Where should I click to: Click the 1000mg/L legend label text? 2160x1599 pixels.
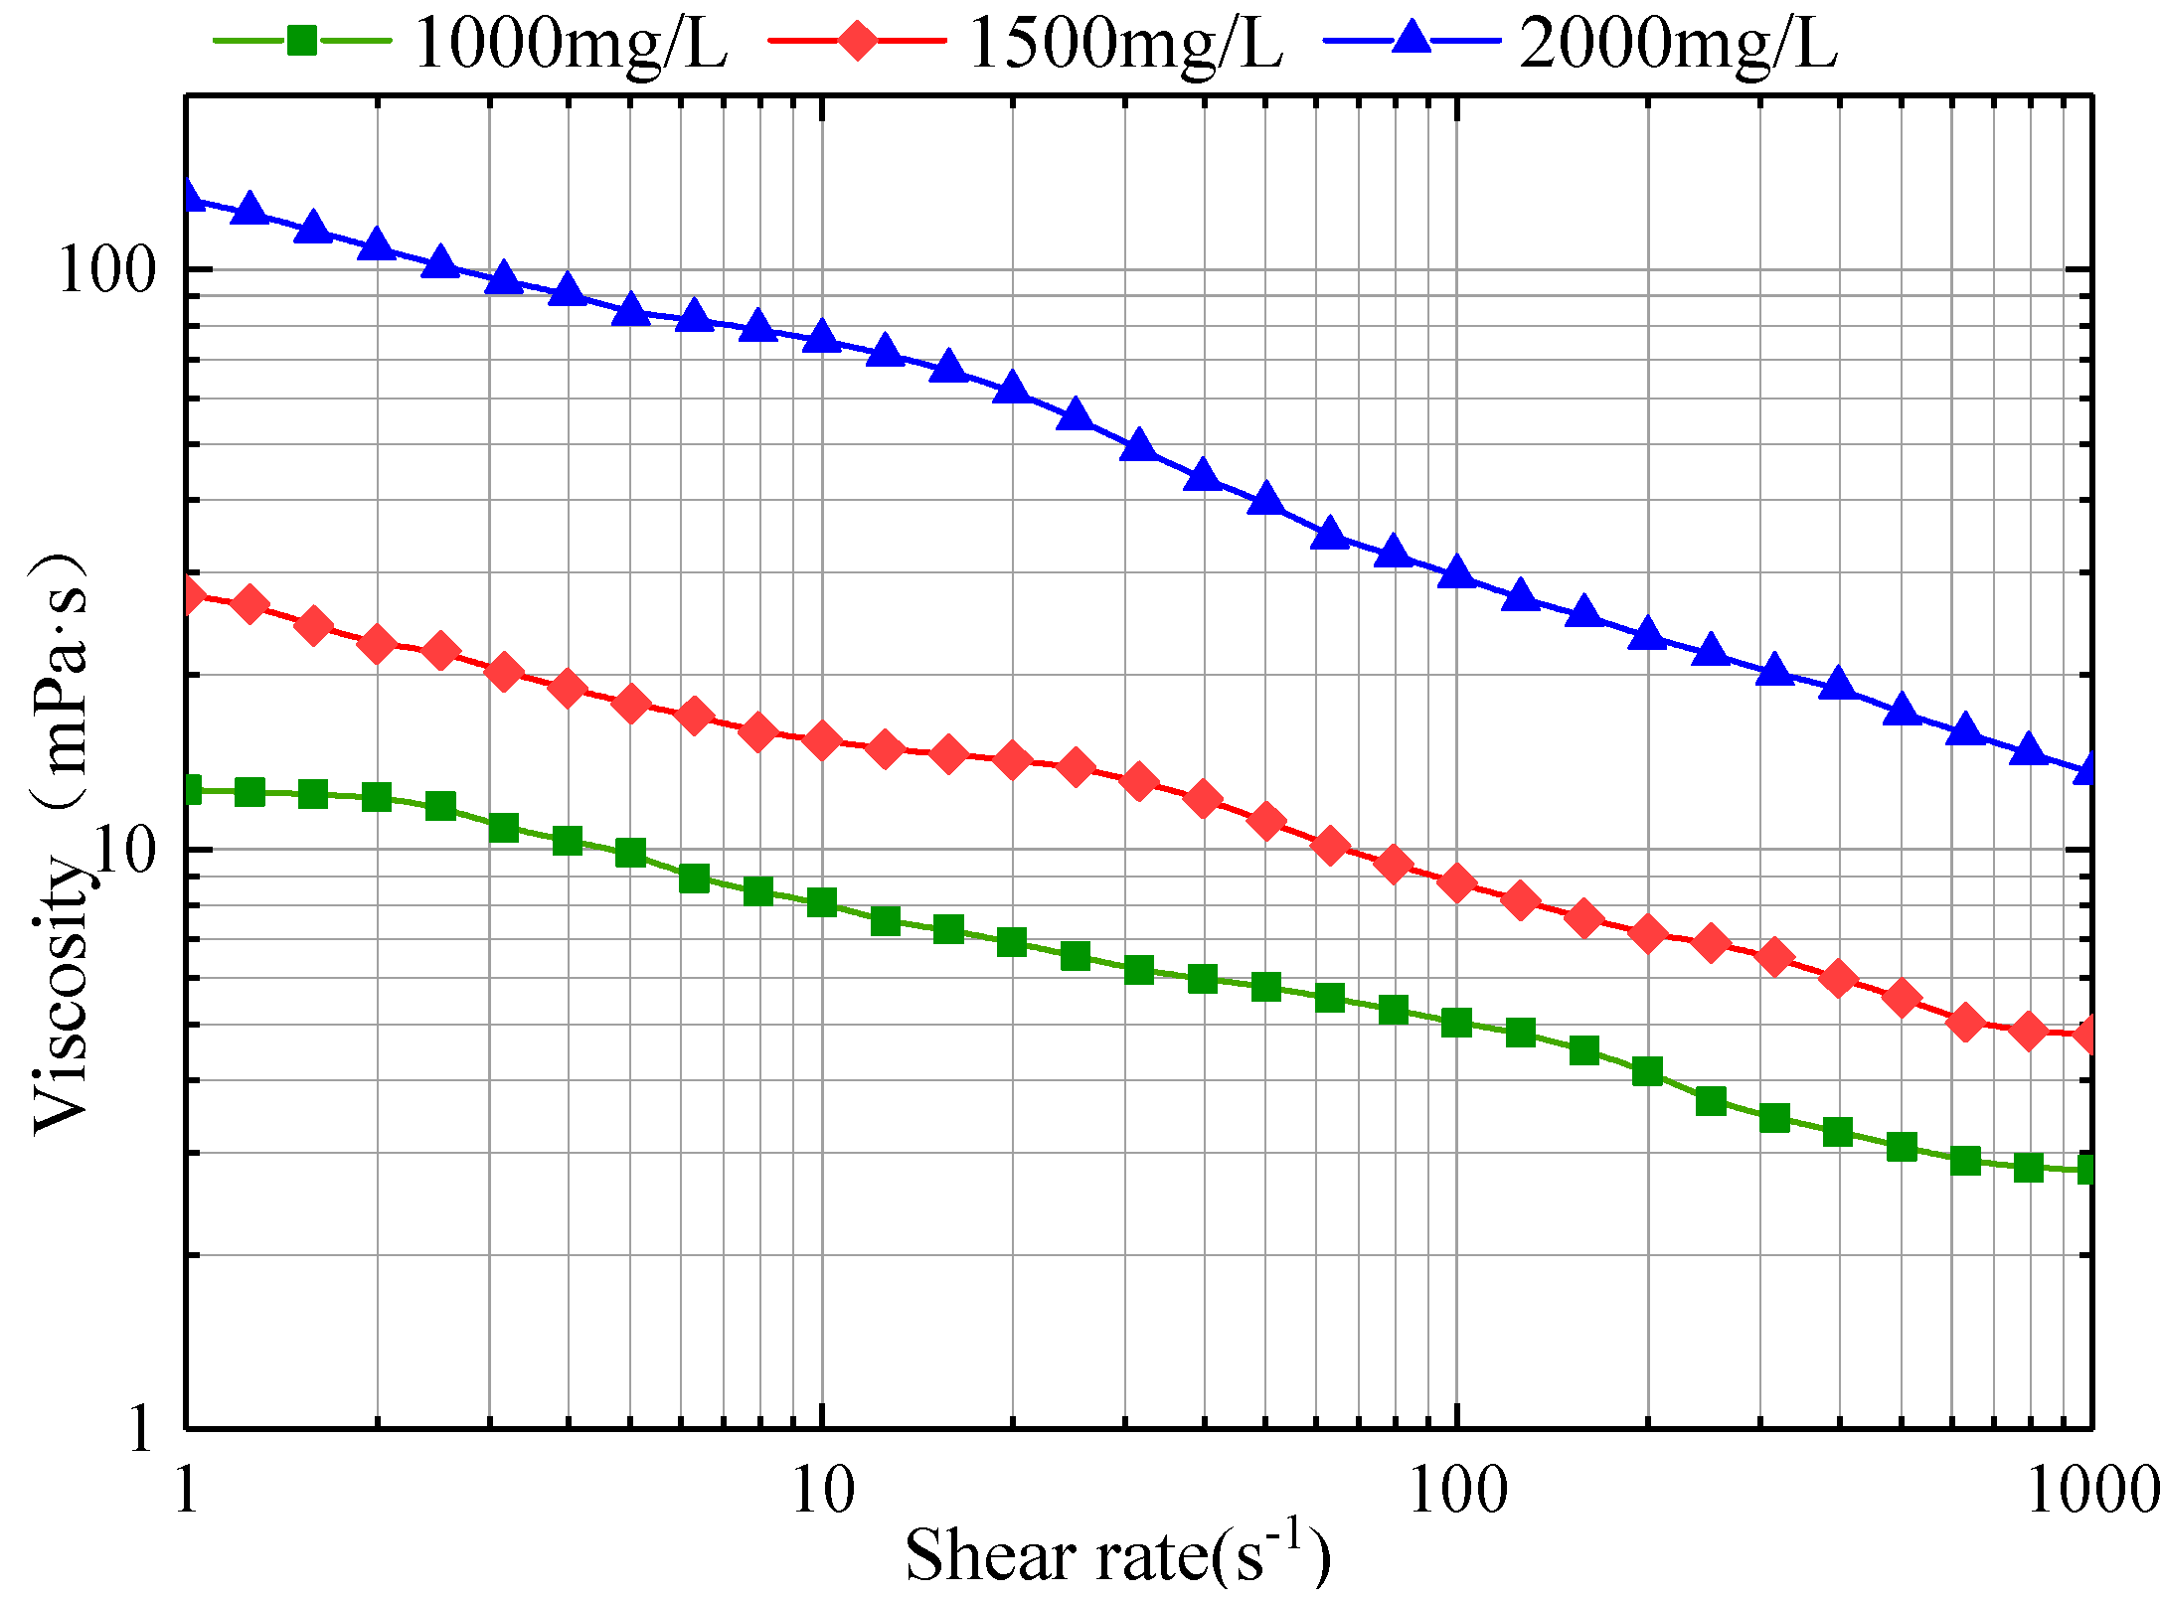(x=571, y=45)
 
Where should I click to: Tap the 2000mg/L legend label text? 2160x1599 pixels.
(x=1679, y=45)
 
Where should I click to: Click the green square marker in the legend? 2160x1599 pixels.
(x=302, y=41)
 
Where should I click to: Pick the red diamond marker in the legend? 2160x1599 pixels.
(x=857, y=41)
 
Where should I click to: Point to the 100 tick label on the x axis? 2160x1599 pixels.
(x=1457, y=1492)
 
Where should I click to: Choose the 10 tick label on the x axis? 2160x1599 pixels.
(x=823, y=1492)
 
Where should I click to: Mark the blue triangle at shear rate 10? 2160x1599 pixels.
(x=822, y=337)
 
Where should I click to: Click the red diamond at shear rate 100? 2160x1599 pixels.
(x=1457, y=882)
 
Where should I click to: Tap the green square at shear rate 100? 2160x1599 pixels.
(x=1457, y=1023)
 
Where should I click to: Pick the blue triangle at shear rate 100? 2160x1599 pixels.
(x=1457, y=573)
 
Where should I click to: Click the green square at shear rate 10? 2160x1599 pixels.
(x=822, y=902)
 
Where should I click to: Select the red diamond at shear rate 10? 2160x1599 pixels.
(x=822, y=740)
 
